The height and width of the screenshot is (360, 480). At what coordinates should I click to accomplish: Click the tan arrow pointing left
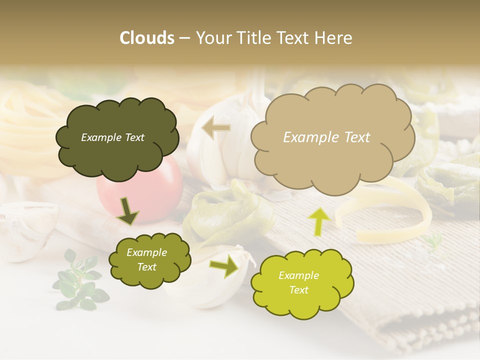[x=216, y=128]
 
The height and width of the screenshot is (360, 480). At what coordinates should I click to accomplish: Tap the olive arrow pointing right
[x=224, y=266]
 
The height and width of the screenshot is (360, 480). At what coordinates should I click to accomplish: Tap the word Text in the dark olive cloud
[x=133, y=137]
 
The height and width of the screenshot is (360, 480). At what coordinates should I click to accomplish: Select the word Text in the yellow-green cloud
[x=298, y=290]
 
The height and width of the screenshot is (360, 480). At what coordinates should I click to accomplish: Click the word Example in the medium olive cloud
[x=146, y=252]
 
